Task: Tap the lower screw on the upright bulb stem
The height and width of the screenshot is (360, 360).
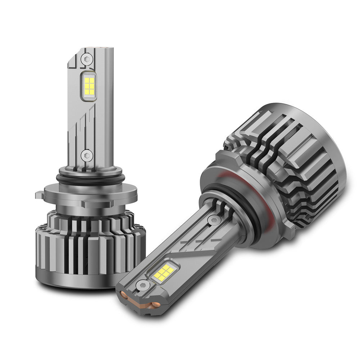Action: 86,156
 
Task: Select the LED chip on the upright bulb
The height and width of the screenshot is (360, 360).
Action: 89,85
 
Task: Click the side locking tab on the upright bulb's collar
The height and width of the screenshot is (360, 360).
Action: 40,195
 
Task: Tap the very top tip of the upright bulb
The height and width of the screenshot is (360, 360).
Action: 104,48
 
